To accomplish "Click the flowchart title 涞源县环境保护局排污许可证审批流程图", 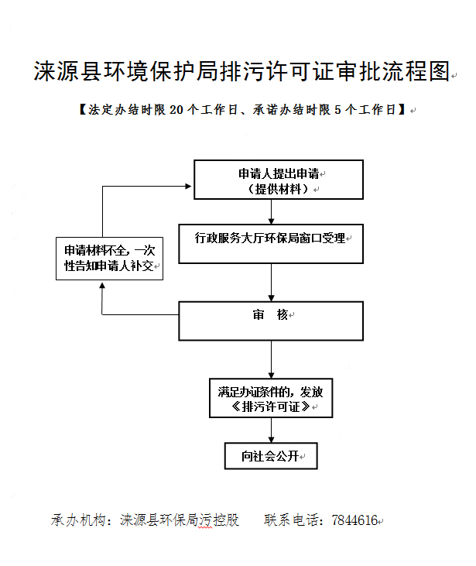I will coord(241,72).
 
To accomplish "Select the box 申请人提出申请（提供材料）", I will coord(278,180).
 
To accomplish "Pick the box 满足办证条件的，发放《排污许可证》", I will coord(271,398).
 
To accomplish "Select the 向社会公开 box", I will coord(271,456).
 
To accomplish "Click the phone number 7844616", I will coord(354,520).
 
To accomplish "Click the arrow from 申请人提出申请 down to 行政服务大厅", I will coord(271,211).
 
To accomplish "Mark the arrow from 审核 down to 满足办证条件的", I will coord(271,359).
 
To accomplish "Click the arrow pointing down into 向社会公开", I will coord(271,431).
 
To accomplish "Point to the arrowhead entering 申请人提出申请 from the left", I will coord(188,186).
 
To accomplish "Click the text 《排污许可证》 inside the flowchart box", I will coord(271,406).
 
